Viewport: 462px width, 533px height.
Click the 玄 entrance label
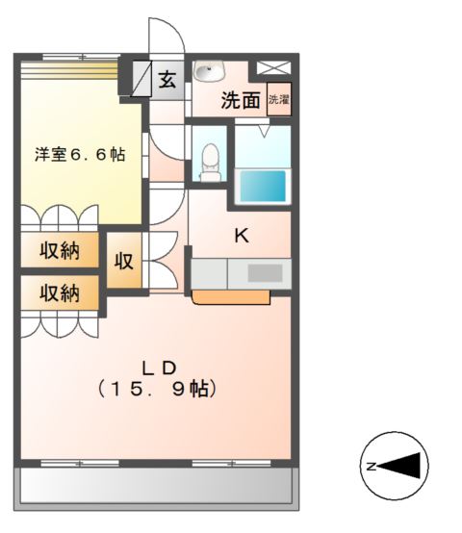point(167,80)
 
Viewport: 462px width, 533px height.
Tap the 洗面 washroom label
point(241,100)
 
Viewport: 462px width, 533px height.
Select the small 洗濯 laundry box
point(278,99)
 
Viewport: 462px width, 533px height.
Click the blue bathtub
point(262,186)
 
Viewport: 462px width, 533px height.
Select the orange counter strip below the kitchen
point(230,297)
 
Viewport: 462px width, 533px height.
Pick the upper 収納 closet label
point(60,252)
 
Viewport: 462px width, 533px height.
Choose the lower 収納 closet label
point(60,292)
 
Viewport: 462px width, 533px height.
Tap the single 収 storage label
point(124,260)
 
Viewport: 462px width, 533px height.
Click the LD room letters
point(159,367)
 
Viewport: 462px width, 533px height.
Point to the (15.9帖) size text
point(159,390)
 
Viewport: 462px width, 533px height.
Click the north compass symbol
point(395,466)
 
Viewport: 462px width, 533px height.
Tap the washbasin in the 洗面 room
point(208,71)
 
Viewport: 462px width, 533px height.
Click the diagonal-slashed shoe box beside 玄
point(141,77)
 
